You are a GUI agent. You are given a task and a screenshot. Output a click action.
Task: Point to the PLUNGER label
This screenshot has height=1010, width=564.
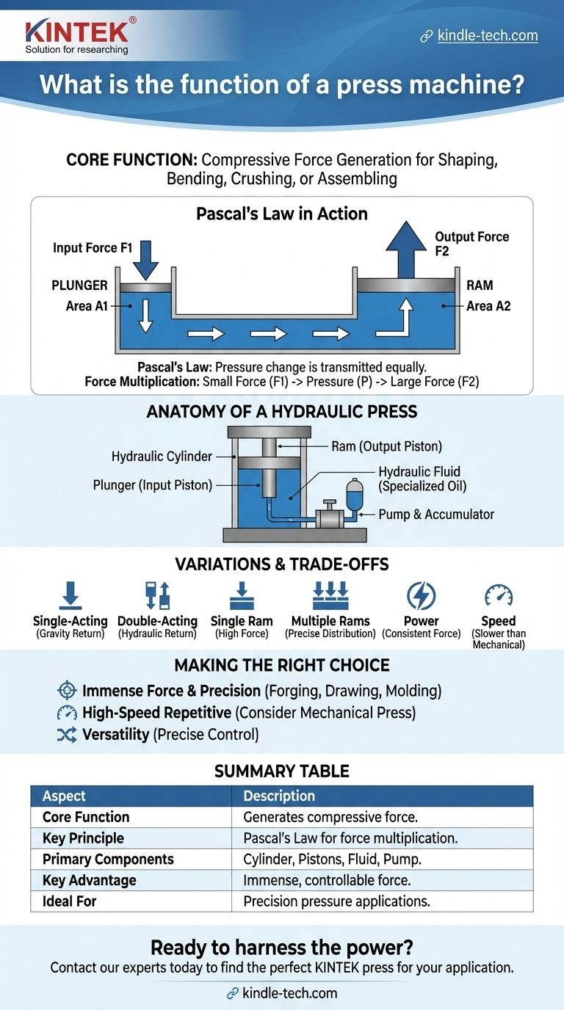[79, 285]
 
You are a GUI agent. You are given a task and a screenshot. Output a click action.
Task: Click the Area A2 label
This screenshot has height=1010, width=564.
[488, 305]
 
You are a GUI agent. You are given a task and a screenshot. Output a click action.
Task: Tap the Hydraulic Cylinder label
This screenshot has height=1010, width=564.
[162, 457]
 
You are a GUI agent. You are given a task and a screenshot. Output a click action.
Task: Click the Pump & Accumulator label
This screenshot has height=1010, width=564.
[436, 515]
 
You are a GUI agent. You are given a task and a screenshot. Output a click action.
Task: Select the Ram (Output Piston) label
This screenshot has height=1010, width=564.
[386, 446]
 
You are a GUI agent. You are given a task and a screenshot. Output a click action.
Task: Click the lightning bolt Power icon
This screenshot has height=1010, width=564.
[421, 595]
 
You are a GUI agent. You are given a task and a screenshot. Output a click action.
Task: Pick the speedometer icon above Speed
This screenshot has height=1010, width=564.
[499, 595]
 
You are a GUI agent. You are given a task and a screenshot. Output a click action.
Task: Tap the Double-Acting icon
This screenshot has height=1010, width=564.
[158, 595]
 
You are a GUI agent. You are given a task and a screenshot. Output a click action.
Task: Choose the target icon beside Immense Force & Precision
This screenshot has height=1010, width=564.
[67, 691]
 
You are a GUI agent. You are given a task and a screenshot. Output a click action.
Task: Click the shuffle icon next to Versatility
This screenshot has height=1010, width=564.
[67, 734]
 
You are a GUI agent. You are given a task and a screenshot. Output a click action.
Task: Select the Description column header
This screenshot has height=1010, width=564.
[279, 796]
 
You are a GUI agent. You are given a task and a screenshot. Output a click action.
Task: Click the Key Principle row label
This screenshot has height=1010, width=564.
[83, 838]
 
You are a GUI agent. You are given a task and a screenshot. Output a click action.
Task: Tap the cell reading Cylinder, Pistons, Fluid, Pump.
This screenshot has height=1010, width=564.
[332, 860]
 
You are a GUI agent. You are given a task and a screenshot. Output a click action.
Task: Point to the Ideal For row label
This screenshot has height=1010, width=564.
[69, 901]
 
